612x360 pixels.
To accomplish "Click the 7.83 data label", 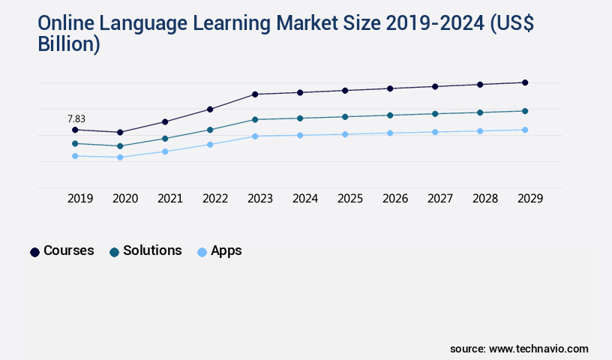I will click(x=76, y=118).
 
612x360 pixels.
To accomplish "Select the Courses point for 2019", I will click(x=75, y=130).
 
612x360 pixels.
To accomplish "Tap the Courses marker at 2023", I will click(x=255, y=94).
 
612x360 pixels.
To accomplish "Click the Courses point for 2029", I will click(x=525, y=82).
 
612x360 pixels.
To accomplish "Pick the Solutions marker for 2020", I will click(x=120, y=146).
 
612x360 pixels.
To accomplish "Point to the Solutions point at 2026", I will click(x=390, y=115).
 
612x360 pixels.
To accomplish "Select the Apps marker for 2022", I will click(x=210, y=144).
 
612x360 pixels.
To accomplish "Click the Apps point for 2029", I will click(x=525, y=130).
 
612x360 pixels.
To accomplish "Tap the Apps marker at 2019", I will click(x=75, y=156).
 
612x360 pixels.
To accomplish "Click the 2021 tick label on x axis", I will click(x=170, y=199).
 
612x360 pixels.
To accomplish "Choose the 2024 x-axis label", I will click(x=305, y=199).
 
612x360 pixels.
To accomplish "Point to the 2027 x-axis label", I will click(x=440, y=199).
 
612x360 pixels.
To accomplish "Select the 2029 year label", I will click(x=530, y=199).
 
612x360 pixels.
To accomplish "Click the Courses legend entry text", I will click(x=69, y=250).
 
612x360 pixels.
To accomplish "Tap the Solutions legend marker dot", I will click(x=114, y=252).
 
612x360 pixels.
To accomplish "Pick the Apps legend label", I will click(x=226, y=250).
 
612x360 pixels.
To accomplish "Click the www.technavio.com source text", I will click(x=538, y=349).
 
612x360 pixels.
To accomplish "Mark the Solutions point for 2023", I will click(x=255, y=119).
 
